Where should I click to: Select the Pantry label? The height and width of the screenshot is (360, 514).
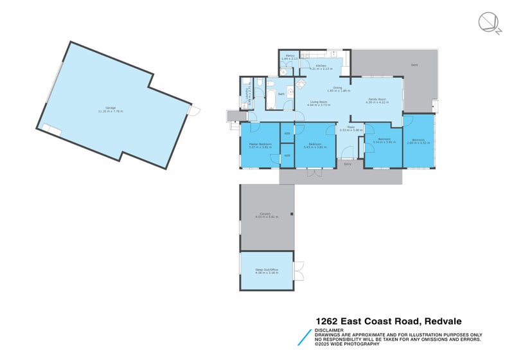tap(290, 57)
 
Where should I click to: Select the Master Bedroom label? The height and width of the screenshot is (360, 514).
tap(260, 145)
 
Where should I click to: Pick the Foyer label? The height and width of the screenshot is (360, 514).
tap(351, 128)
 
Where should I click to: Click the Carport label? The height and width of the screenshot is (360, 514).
tap(265, 215)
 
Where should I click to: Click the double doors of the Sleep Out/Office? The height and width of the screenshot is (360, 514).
tap(298, 271)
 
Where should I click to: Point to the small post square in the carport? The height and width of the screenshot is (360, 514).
tap(291, 214)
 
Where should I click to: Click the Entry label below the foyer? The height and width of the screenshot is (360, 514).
tap(348, 164)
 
